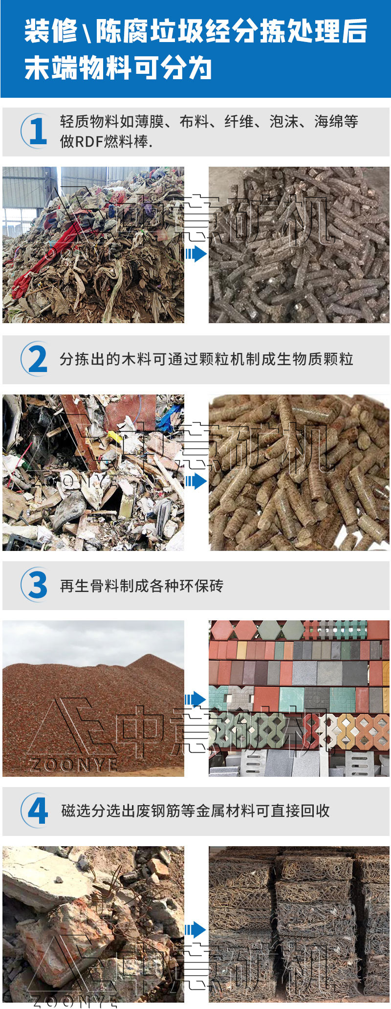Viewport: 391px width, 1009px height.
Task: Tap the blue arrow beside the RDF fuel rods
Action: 195,254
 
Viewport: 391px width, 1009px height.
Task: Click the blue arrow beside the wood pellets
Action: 195,482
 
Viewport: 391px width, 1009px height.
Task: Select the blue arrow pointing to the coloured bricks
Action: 195,699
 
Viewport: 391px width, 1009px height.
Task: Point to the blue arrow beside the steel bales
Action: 195,930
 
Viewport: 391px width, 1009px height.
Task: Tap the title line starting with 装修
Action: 195,31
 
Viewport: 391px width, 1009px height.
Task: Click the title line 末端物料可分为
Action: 118,67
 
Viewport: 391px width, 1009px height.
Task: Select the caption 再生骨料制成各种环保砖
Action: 141,586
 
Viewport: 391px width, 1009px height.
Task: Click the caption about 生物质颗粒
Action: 206,359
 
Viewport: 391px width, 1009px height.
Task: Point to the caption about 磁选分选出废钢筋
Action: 195,811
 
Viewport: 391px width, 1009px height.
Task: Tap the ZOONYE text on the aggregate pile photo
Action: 73,764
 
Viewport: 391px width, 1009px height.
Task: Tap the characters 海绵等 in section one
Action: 336,122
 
